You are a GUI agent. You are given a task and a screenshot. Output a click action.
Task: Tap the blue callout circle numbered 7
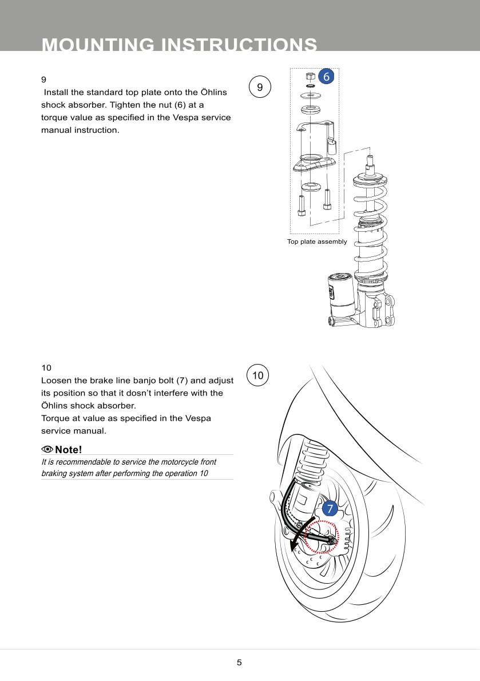[329, 508]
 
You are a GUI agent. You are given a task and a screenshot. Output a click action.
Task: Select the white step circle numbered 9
[260, 88]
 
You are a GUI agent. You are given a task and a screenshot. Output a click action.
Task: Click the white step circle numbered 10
[257, 375]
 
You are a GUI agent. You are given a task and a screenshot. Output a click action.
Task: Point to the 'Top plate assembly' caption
[317, 241]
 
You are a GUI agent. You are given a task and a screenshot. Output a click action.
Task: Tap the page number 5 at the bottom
[239, 663]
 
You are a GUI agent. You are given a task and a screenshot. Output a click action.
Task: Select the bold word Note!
[69, 449]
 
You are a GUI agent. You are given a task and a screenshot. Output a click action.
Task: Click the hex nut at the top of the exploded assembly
[311, 76]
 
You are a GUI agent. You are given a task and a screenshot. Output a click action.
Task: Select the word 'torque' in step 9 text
[54, 117]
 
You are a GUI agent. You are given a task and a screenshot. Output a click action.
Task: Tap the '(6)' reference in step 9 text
[178, 105]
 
